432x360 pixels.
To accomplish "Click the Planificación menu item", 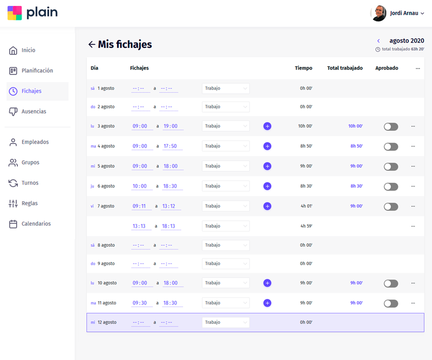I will click(x=37, y=71).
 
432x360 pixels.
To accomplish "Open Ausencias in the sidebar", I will click(x=33, y=112).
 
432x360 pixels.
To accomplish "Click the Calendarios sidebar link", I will click(x=36, y=224).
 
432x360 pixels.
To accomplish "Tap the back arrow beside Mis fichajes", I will click(x=92, y=45).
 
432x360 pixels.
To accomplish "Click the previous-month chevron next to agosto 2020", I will click(x=379, y=41).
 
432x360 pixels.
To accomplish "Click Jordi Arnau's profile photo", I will click(x=378, y=13).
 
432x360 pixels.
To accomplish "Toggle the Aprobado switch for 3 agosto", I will click(x=390, y=126).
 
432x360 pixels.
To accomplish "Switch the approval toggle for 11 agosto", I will click(x=390, y=303).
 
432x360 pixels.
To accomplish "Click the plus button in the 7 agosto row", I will click(x=267, y=206).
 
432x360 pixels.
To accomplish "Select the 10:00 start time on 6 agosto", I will click(x=139, y=186).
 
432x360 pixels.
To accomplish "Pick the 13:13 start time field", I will click(x=139, y=226).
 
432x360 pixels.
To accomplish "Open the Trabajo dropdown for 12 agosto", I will click(x=226, y=322).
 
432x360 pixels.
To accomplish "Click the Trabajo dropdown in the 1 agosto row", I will click(x=226, y=89).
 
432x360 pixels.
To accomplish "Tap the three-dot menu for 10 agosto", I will click(x=413, y=283).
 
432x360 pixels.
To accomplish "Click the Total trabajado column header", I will click(x=345, y=69).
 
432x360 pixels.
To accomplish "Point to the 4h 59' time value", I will click(x=306, y=226).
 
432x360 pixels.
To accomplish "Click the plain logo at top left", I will click(x=32, y=13).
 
